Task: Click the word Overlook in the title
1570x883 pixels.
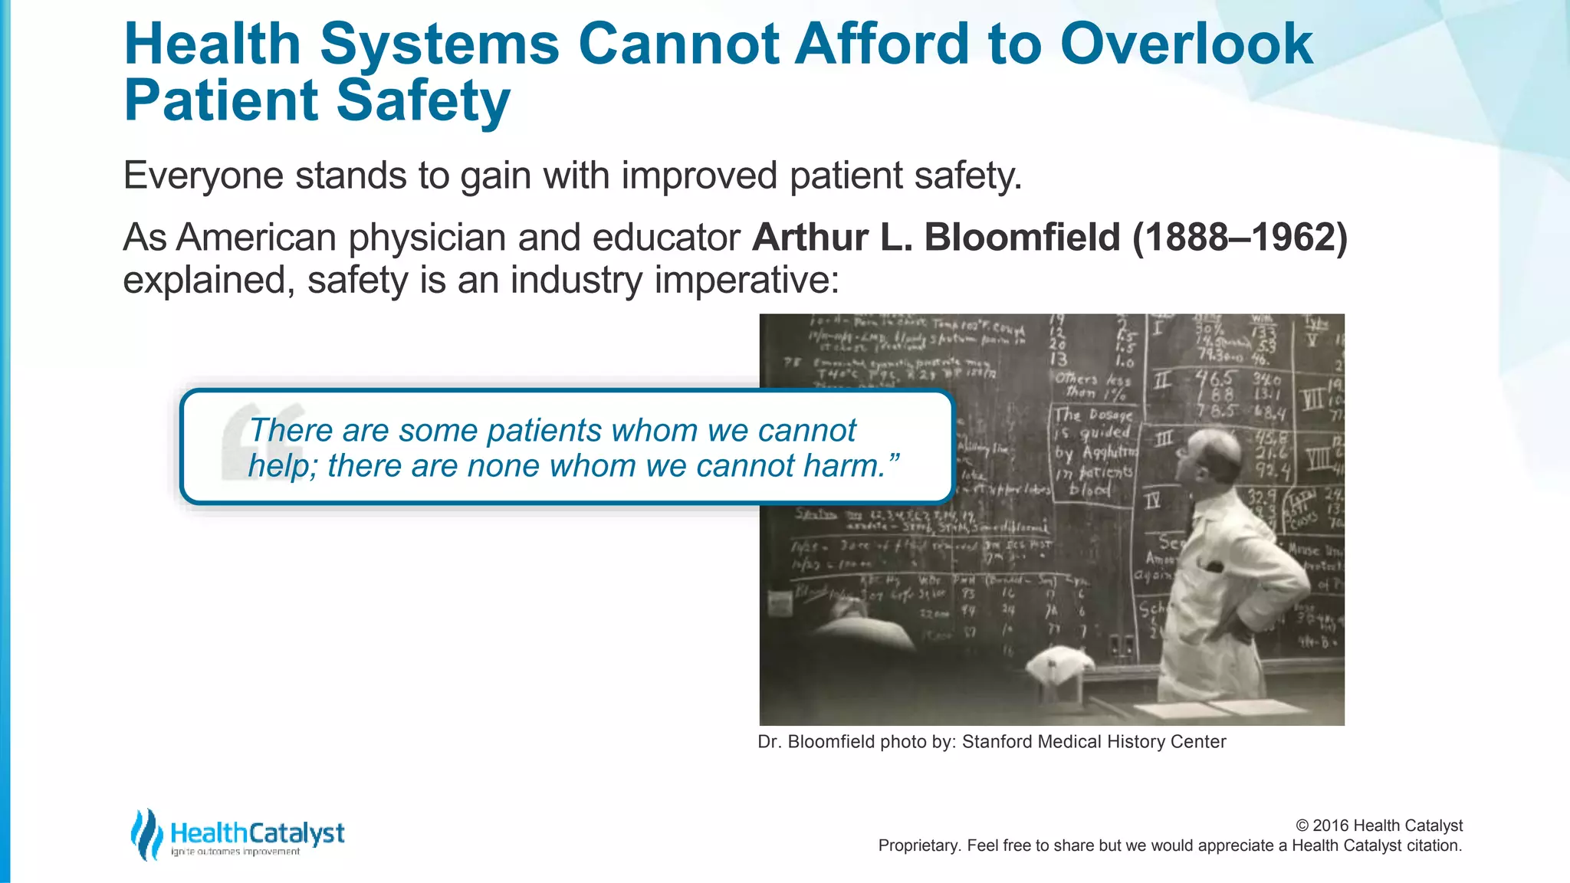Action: [1186, 44]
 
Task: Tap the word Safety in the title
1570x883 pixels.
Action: [423, 100]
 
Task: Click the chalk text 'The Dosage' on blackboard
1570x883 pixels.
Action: [1092, 415]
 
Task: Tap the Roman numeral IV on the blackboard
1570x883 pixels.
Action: [1152, 501]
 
